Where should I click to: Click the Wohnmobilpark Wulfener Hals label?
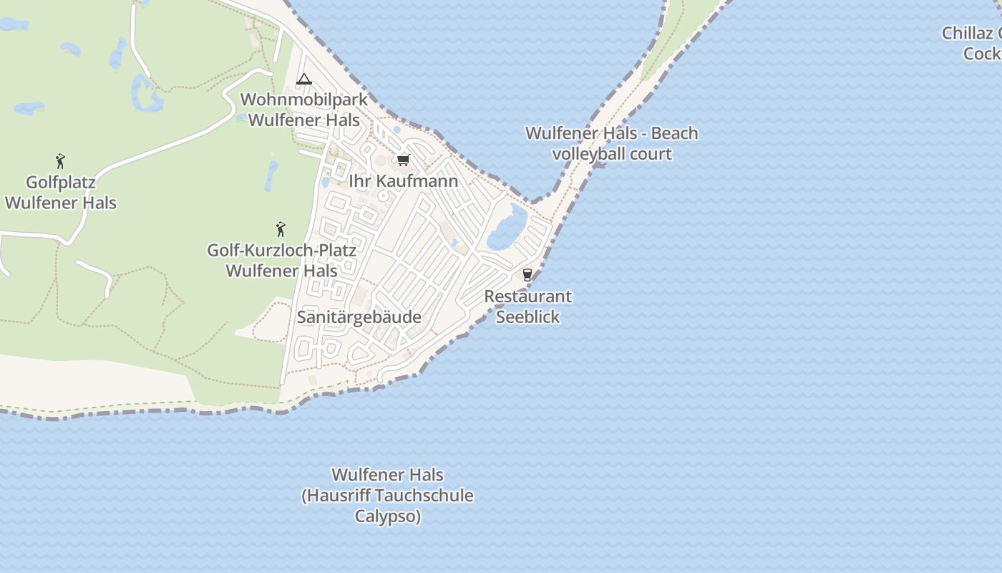[303, 110]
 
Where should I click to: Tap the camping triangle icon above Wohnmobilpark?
[304, 80]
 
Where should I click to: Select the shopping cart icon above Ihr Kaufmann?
[403, 160]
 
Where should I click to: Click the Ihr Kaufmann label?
[403, 181]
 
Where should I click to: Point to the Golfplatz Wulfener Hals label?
[61, 193]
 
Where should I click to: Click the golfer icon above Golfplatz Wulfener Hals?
[60, 161]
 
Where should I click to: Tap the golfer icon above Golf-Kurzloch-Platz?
[281, 229]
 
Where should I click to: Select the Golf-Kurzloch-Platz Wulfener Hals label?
[281, 261]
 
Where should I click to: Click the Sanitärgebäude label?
[359, 317]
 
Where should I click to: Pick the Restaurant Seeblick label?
[527, 307]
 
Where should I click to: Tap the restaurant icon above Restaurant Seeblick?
[527, 274]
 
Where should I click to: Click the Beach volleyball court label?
[612, 143]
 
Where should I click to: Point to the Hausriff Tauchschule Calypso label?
[387, 496]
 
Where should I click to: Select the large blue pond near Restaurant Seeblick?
[507, 228]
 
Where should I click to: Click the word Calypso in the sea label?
[387, 516]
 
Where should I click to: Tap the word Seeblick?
[527, 317]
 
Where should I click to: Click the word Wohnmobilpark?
[303, 100]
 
